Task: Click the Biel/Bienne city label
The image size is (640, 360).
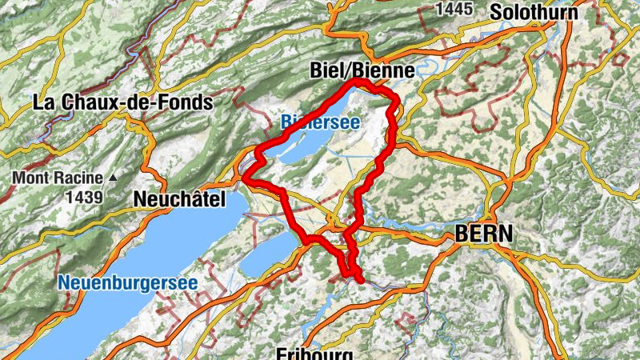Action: pyautogui.click(x=362, y=71)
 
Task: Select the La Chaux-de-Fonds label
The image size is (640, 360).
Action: pyautogui.click(x=122, y=102)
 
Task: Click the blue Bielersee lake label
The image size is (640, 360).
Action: pyautogui.click(x=320, y=122)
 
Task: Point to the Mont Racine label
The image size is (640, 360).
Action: pyautogui.click(x=58, y=178)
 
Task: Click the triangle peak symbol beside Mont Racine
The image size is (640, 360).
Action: pyautogui.click(x=113, y=178)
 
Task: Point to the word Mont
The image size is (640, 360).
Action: pyautogui.click(x=30, y=178)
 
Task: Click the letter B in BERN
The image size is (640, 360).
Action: pyautogui.click(x=461, y=233)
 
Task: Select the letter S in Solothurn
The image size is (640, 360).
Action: pyautogui.click(x=497, y=12)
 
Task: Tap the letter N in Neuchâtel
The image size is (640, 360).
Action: pyautogui.click(x=142, y=198)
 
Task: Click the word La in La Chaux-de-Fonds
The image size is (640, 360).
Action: pyautogui.click(x=42, y=102)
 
